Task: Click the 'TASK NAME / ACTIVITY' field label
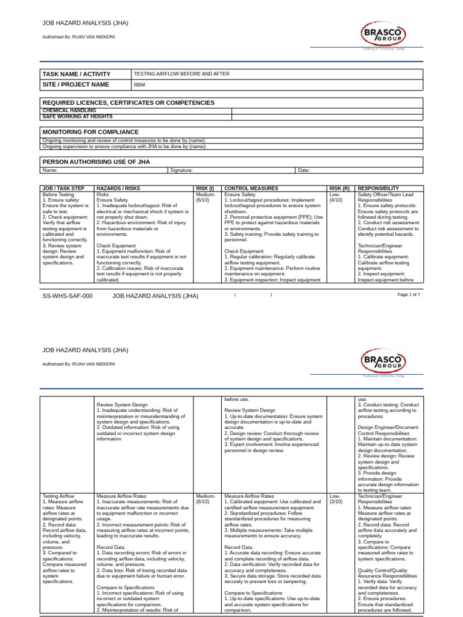pos(76,74)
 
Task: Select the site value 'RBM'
pos(139,85)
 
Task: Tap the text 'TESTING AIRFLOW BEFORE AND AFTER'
pos(181,74)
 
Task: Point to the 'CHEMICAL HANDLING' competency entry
pos(69,111)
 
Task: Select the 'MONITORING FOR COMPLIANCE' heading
pos(90,132)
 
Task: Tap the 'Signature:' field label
pos(181,171)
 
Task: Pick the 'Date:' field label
pos(304,171)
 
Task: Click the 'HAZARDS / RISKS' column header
pos(118,189)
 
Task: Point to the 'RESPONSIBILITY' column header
pos(378,189)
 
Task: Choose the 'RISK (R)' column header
pos(339,189)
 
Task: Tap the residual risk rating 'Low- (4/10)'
pos(336,198)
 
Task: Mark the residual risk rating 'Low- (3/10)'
pos(336,498)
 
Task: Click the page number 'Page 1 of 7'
pos(409,295)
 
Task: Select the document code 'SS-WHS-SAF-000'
pos(68,296)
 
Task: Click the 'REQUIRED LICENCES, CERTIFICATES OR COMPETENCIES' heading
pos(128,103)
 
